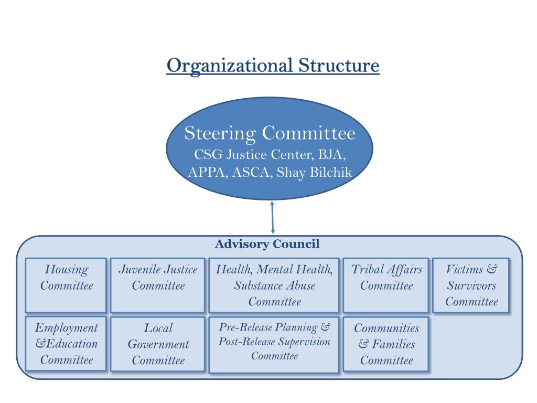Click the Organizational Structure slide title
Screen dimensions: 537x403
pos(273,66)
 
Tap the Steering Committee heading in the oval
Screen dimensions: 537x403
pos(270,133)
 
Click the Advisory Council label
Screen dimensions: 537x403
pos(267,244)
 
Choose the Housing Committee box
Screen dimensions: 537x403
pos(66,285)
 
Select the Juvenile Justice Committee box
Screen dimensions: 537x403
pos(158,285)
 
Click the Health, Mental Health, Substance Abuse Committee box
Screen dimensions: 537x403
pos(274,285)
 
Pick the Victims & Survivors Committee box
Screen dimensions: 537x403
pos(471,285)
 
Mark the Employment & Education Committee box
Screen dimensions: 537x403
pos(66,344)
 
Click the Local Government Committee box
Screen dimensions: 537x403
pos(158,344)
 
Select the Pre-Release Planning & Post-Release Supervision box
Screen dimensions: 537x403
pos(274,344)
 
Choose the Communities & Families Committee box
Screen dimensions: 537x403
pos(386,344)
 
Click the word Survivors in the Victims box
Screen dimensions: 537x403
pos(471,286)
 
